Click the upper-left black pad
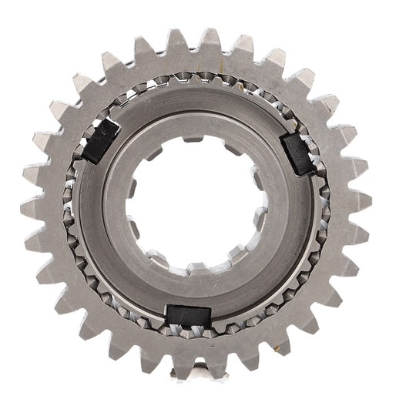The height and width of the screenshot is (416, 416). tap(100, 140)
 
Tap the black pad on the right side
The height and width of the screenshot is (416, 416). tap(302, 148)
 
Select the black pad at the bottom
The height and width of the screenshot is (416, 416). tap(189, 315)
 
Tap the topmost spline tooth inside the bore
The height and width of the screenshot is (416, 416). tap(199, 139)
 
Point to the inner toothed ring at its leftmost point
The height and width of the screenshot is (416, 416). tap(73, 206)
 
